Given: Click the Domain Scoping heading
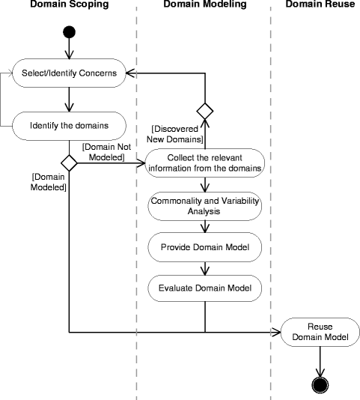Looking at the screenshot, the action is [70, 4].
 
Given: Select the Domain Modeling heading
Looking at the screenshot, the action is [205, 4].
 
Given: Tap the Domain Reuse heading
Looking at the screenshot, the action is [320, 4].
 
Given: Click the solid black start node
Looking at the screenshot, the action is [69, 32].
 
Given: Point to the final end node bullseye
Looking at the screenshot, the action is [320, 385].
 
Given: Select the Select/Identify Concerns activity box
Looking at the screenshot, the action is [69, 73].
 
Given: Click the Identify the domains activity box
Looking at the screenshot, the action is [69, 126].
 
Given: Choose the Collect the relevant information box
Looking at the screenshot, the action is [205, 163].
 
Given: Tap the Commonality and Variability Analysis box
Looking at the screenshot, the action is [205, 206].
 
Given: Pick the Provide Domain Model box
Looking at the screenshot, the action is [205, 247].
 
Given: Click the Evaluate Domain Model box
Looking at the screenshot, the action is [205, 288].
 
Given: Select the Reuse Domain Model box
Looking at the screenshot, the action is [320, 332].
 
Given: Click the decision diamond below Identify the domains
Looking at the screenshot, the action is [69, 163].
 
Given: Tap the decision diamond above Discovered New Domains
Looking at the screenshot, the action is [205, 111].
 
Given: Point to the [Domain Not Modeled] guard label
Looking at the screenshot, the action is [107, 152].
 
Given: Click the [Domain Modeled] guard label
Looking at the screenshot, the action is [48, 182].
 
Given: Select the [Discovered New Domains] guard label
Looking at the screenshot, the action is [175, 134].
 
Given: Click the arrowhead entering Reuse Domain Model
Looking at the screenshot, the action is [276, 332].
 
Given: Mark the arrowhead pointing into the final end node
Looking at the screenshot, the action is [320, 372].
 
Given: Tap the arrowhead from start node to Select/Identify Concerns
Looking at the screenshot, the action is [69, 55].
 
